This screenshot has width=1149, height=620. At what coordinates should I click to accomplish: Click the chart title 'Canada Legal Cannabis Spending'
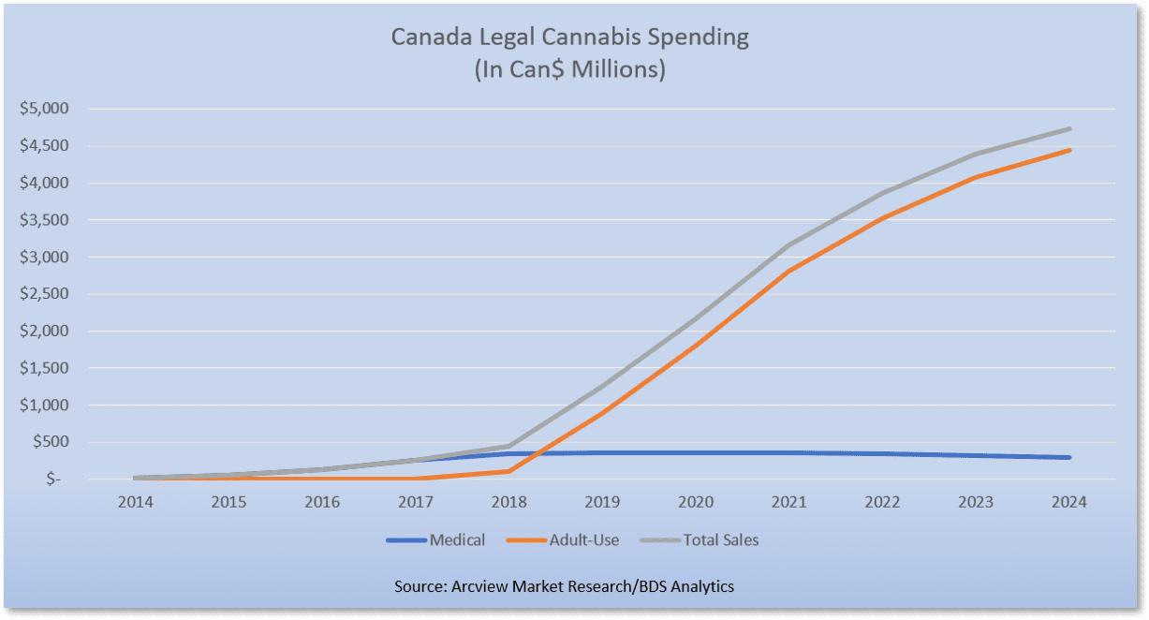569,38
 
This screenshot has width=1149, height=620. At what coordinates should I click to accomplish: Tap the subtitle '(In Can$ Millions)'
569,70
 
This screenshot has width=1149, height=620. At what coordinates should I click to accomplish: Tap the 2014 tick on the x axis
135,502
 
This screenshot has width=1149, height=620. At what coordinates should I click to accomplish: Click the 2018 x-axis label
508,502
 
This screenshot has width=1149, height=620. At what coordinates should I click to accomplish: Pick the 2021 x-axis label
788,502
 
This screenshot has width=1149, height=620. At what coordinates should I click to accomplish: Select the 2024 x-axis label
1068,502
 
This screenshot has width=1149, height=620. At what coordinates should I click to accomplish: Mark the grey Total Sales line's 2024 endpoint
1068,129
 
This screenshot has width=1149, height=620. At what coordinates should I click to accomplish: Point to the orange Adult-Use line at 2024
1068,150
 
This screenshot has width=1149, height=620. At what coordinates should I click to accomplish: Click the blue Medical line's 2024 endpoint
1068,457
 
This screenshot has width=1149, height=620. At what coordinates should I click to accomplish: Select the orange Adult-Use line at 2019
602,412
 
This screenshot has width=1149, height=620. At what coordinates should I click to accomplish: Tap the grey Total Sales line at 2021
788,245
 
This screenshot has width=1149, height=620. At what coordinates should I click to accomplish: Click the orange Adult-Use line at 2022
882,218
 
